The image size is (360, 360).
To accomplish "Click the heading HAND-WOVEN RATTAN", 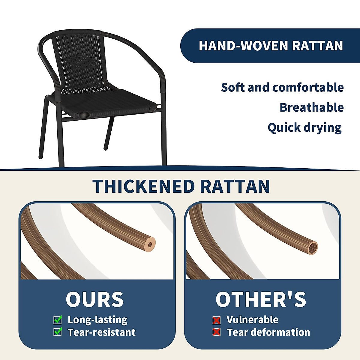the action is (271, 46).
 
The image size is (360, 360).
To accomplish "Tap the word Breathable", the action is (312, 107).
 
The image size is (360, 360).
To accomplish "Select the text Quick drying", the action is (304, 128).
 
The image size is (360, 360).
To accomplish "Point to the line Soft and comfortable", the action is (282, 87).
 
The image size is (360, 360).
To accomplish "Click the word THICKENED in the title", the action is (144, 186).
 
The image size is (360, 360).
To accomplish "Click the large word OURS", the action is (94, 299).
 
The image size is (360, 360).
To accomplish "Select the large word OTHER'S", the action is (261, 299).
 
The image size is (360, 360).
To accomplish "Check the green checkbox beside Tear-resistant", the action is (58, 332).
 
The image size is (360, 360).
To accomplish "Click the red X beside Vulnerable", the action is (217, 320).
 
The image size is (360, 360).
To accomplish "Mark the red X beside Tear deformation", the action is (217, 332).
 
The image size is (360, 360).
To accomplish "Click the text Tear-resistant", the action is (102, 332).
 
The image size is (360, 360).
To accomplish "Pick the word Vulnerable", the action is (253, 319).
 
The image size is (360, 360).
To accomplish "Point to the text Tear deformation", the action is (268, 332).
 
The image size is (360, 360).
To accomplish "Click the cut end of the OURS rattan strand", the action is (150, 244).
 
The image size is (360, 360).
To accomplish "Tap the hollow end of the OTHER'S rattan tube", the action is (312, 248).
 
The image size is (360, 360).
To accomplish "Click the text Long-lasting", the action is (97, 320).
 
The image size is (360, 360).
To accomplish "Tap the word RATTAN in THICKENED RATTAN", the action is (235, 186).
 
